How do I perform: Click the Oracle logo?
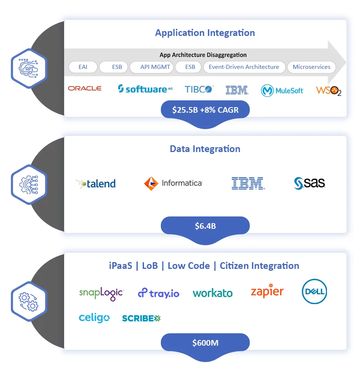pos(85,88)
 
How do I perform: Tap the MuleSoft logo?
pos(282,90)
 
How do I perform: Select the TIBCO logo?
pos(199,89)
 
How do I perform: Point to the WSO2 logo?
pos(328,91)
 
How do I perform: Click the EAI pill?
pos(83,67)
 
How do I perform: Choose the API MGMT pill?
pos(155,67)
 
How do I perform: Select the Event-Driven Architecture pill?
pos(244,67)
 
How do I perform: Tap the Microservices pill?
pos(311,67)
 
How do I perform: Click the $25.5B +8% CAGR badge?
pos(205,110)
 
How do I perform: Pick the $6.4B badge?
pos(205,226)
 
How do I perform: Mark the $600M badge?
pos(205,343)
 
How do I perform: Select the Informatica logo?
pos(173,183)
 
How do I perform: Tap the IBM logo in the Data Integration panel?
pos(247,183)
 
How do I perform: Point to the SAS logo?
pos(309,183)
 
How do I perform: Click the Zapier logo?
pos(267,291)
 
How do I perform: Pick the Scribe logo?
pos(141,318)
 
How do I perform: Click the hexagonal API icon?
pos(28,68)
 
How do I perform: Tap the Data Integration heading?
pos(205,149)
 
